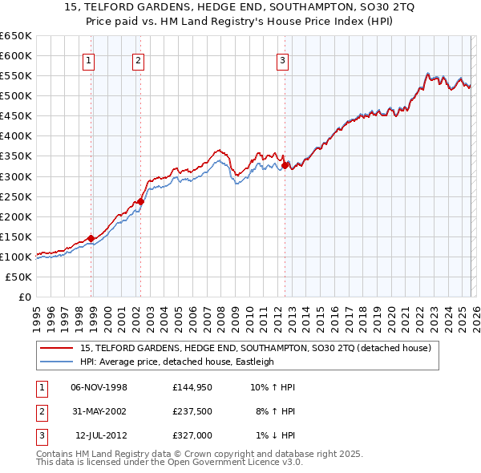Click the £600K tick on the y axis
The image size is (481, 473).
[x=16, y=55]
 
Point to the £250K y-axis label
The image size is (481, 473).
[x=16, y=196]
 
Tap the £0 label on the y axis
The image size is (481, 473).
[x=24, y=297]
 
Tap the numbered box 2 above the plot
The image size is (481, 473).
[x=138, y=60]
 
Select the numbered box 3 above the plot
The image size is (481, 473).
[x=282, y=60]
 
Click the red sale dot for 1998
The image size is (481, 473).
[x=91, y=238]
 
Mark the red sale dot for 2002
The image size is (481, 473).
[x=141, y=201]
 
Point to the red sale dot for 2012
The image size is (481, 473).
[x=285, y=165]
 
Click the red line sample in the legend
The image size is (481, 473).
[x=57, y=348]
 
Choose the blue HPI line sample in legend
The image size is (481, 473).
[x=57, y=362]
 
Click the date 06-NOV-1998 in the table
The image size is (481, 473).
[x=99, y=387]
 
